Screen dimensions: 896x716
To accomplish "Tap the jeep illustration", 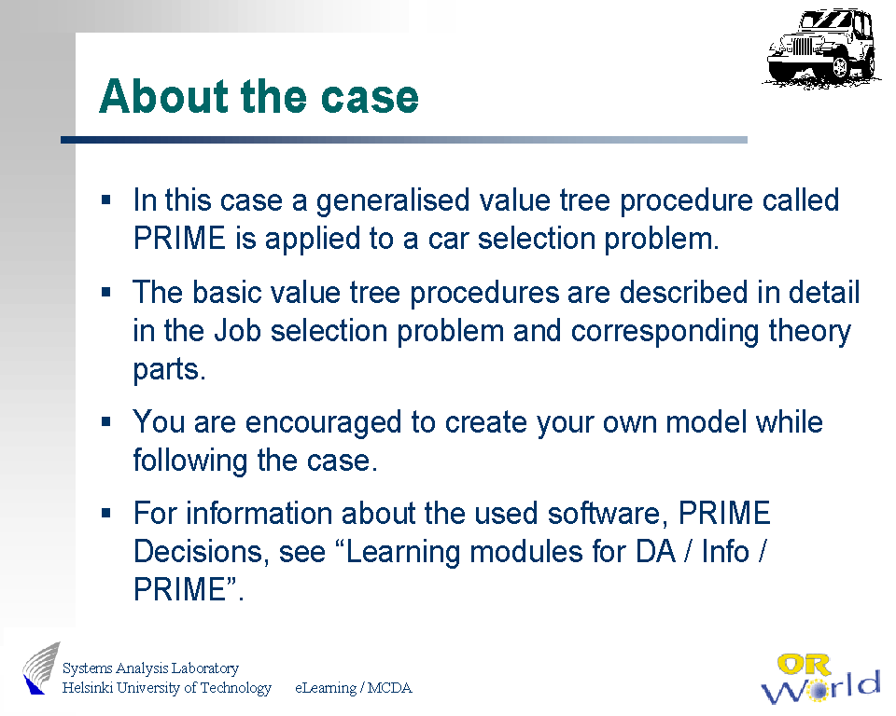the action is (x=821, y=48).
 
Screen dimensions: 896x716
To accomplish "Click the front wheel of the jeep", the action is (x=840, y=67).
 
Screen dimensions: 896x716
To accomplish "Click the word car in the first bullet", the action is (x=448, y=239).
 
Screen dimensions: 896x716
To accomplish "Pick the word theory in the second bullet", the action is (x=810, y=331).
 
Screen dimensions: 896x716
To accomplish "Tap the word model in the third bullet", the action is (x=707, y=422).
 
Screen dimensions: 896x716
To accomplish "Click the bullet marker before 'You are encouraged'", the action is (x=105, y=422).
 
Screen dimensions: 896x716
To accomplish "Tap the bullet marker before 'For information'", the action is (x=105, y=513).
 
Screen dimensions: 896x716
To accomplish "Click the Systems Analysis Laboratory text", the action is (x=150, y=668).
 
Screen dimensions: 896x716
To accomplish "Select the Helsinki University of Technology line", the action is (x=167, y=687).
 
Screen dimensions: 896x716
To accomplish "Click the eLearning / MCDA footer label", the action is (x=353, y=688).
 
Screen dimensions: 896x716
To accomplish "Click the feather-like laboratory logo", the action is (x=41, y=668).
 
